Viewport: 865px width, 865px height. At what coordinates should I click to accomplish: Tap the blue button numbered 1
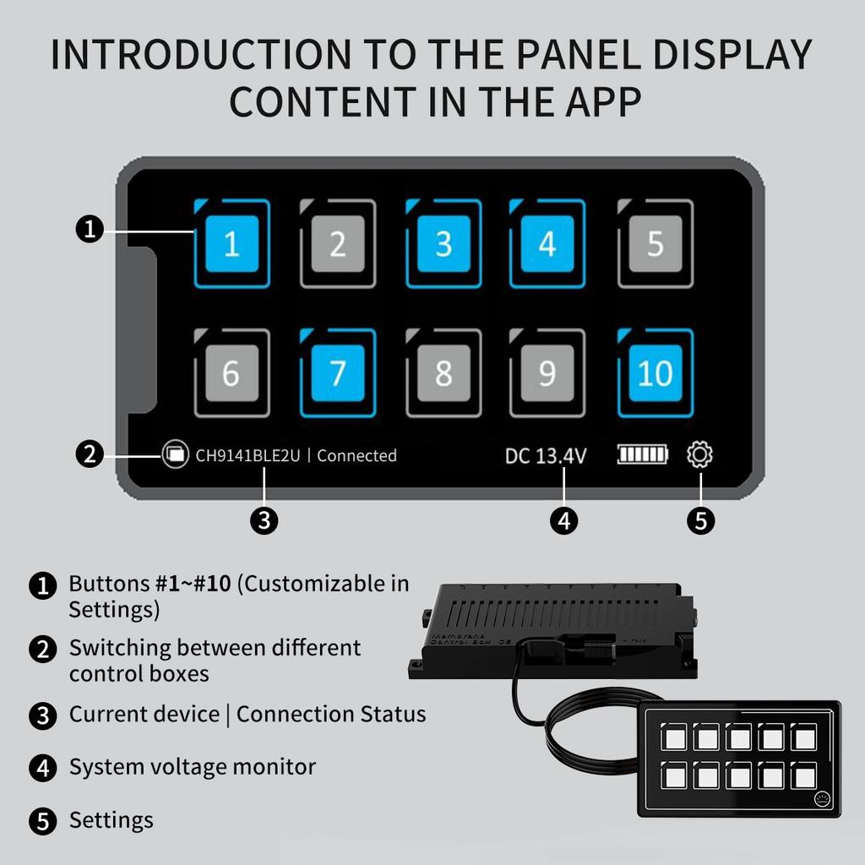[231, 244]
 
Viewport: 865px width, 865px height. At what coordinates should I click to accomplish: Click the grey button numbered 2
[338, 244]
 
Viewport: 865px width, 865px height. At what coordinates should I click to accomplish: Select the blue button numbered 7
[338, 373]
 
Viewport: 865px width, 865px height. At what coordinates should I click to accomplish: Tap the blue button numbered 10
[656, 373]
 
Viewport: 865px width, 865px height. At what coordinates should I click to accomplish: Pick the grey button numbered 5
[656, 244]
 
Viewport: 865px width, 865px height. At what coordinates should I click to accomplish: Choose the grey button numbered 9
[547, 373]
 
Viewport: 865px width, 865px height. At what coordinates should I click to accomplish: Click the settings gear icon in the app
[700, 455]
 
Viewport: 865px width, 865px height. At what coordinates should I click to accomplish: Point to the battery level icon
[642, 455]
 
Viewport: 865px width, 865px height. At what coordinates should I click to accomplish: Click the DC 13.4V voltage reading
[546, 456]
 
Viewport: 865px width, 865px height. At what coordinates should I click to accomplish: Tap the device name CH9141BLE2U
[248, 456]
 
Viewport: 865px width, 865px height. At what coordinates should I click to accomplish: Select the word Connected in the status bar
[356, 456]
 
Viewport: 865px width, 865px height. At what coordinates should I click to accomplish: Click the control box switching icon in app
[175, 454]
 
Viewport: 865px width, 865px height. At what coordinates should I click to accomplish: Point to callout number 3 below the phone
[264, 520]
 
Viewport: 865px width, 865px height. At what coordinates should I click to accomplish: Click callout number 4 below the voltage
[563, 520]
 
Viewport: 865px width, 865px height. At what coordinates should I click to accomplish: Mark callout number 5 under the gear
[700, 520]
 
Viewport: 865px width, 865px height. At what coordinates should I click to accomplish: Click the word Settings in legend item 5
[111, 820]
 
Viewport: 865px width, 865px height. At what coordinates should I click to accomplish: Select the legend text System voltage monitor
[192, 767]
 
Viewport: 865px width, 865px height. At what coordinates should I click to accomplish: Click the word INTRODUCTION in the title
[199, 55]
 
